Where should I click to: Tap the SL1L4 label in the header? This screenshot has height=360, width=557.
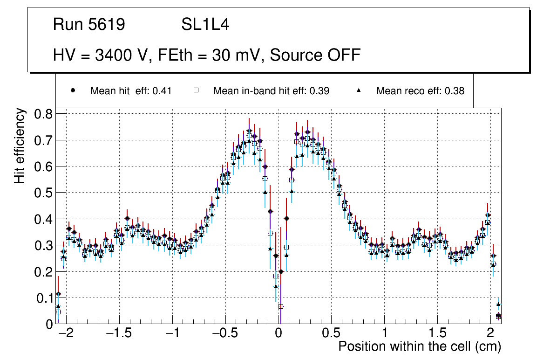(x=205, y=25)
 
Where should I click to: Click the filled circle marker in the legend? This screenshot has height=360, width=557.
(x=73, y=90)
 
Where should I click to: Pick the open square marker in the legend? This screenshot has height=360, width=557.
(x=196, y=90)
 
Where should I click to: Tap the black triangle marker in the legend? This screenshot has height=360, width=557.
(x=359, y=90)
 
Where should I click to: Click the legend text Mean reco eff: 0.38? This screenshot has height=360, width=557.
(x=420, y=91)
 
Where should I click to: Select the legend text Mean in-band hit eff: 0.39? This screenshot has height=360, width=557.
(x=271, y=91)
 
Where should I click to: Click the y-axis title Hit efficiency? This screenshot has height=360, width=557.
(x=19, y=145)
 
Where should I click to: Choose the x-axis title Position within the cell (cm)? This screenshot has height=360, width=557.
(x=420, y=346)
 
